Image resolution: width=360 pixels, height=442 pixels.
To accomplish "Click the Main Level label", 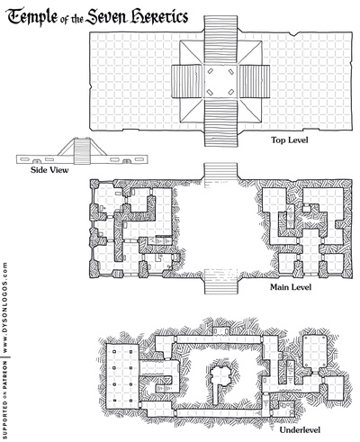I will click(x=291, y=289).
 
